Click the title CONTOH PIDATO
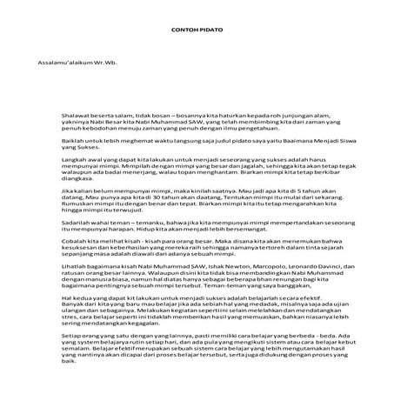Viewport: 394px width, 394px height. [197, 30]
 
